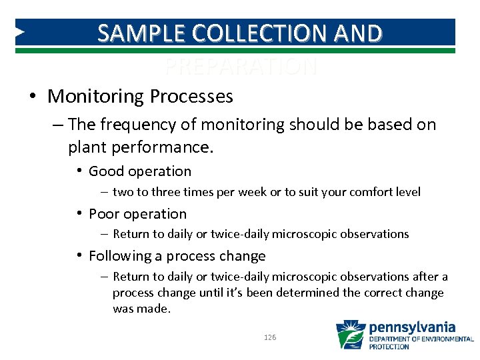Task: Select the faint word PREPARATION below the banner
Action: click(241, 67)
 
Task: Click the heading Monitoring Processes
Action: click(140, 97)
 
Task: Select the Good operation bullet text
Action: click(139, 171)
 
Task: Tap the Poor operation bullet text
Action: click(137, 214)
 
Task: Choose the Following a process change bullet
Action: click(177, 256)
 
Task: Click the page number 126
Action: click(270, 338)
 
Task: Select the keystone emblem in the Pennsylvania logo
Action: click(350, 335)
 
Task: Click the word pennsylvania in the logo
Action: click(412, 327)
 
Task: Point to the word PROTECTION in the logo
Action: click(389, 347)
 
